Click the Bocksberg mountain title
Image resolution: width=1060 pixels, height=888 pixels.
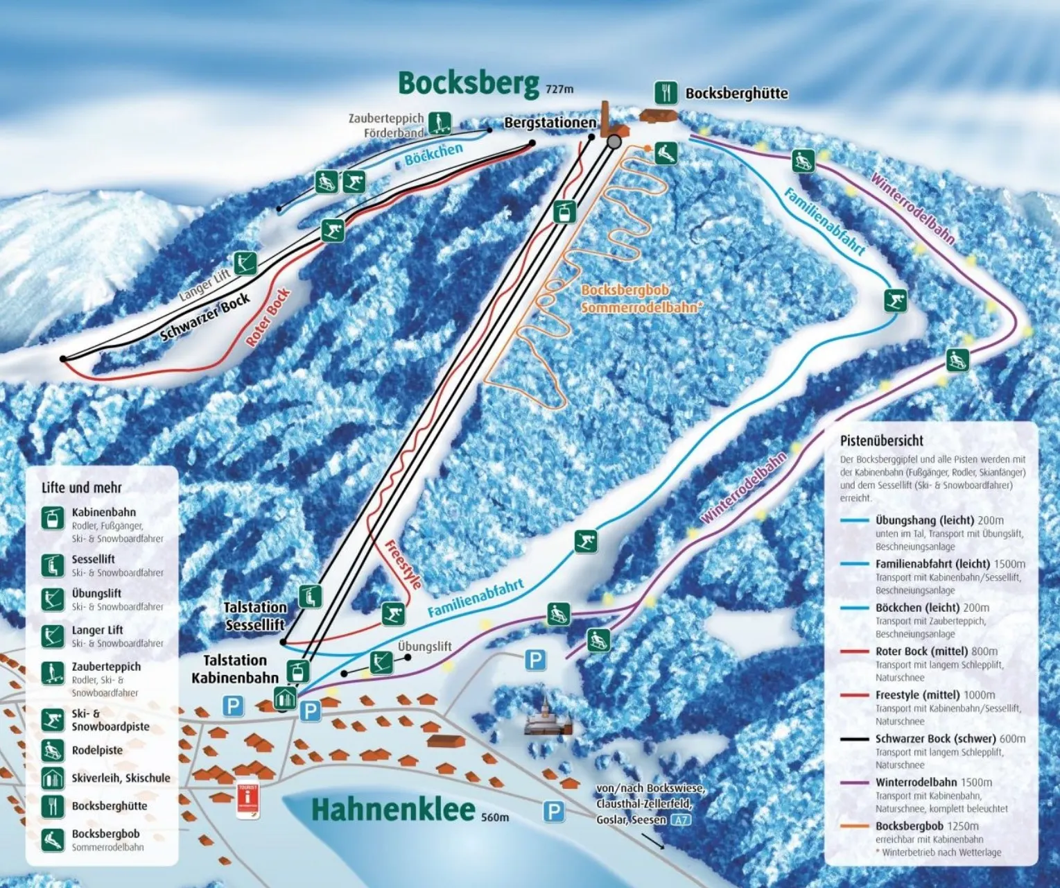tap(468, 83)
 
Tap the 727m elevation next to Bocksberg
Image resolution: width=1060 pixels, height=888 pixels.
tap(559, 89)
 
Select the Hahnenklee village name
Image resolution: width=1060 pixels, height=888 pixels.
tap(393, 810)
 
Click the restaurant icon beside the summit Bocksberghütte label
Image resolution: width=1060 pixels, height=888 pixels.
tap(666, 92)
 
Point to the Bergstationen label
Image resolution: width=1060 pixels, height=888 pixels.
tap(550, 123)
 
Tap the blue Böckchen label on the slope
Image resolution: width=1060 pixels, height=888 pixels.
tap(433, 154)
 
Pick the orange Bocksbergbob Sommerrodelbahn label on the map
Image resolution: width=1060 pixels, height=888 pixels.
tap(638, 298)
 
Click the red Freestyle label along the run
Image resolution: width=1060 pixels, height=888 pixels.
tap(403, 564)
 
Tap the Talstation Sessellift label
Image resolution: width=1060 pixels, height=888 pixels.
tap(254, 616)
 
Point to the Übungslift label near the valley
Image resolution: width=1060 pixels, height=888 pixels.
tap(424, 647)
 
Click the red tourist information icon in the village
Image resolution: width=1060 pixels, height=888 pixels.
tap(247, 801)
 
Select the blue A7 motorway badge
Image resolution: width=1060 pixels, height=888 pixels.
tap(681, 820)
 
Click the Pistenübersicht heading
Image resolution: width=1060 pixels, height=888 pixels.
tap(881, 441)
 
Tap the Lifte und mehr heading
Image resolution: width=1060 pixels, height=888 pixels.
tap(81, 488)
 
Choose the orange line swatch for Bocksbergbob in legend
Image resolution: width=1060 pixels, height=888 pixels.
tap(854, 826)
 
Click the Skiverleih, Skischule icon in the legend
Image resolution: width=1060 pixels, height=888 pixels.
tap(53, 778)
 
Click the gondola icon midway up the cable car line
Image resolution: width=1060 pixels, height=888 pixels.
tap(565, 211)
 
